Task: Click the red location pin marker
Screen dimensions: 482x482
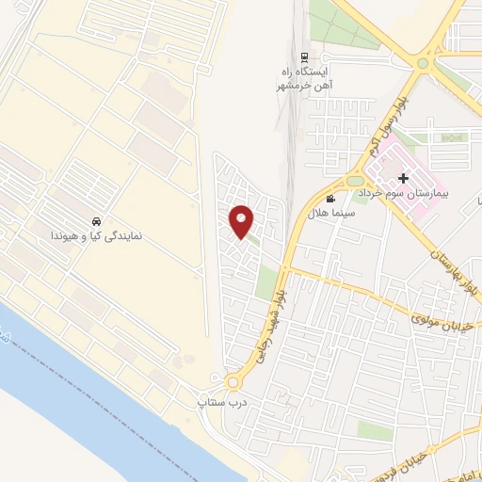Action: pos(242,220)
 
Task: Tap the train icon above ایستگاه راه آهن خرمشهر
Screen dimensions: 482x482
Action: pos(303,56)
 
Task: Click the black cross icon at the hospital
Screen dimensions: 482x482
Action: pos(403,178)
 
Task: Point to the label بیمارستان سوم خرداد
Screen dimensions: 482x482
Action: pos(409,193)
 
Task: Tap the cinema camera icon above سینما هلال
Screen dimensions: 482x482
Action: pos(330,199)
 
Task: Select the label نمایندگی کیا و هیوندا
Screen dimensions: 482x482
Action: pos(97,236)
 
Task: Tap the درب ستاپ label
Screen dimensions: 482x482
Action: pos(216,402)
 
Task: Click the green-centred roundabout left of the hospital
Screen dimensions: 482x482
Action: pos(356,179)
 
